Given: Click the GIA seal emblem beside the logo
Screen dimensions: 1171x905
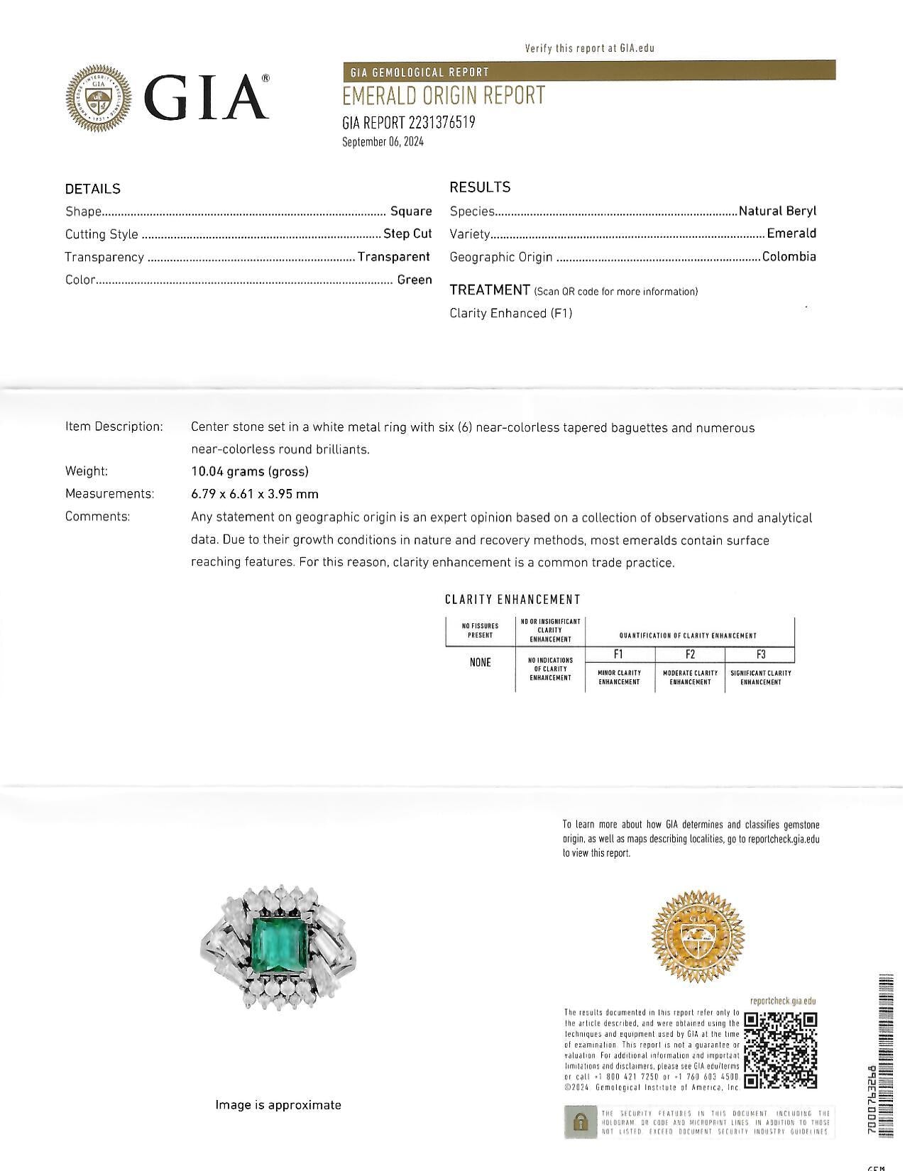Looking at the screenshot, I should (99, 99).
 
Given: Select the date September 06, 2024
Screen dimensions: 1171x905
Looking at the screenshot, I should (383, 142).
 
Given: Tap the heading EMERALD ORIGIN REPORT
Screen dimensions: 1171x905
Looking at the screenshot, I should (444, 96).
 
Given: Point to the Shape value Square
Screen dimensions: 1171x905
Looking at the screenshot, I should (411, 211).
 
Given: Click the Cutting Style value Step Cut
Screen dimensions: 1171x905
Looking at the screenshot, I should (407, 234).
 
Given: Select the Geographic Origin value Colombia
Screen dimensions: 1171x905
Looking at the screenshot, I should (789, 257).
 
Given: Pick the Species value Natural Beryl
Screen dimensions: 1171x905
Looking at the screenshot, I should (777, 211).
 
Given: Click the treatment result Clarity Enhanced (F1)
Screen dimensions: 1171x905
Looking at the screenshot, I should (510, 313).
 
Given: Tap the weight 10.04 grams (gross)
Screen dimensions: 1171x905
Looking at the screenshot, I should (249, 471).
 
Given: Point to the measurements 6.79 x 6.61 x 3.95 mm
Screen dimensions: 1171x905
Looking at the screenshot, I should (254, 494).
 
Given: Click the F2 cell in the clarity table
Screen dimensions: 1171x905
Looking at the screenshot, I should (690, 654).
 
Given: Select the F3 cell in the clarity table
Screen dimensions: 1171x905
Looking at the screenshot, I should (760, 654).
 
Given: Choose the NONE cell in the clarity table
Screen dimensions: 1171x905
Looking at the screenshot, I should (480, 662).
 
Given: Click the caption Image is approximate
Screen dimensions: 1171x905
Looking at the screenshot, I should (278, 1105).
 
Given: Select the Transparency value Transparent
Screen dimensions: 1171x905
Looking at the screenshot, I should (393, 257).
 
